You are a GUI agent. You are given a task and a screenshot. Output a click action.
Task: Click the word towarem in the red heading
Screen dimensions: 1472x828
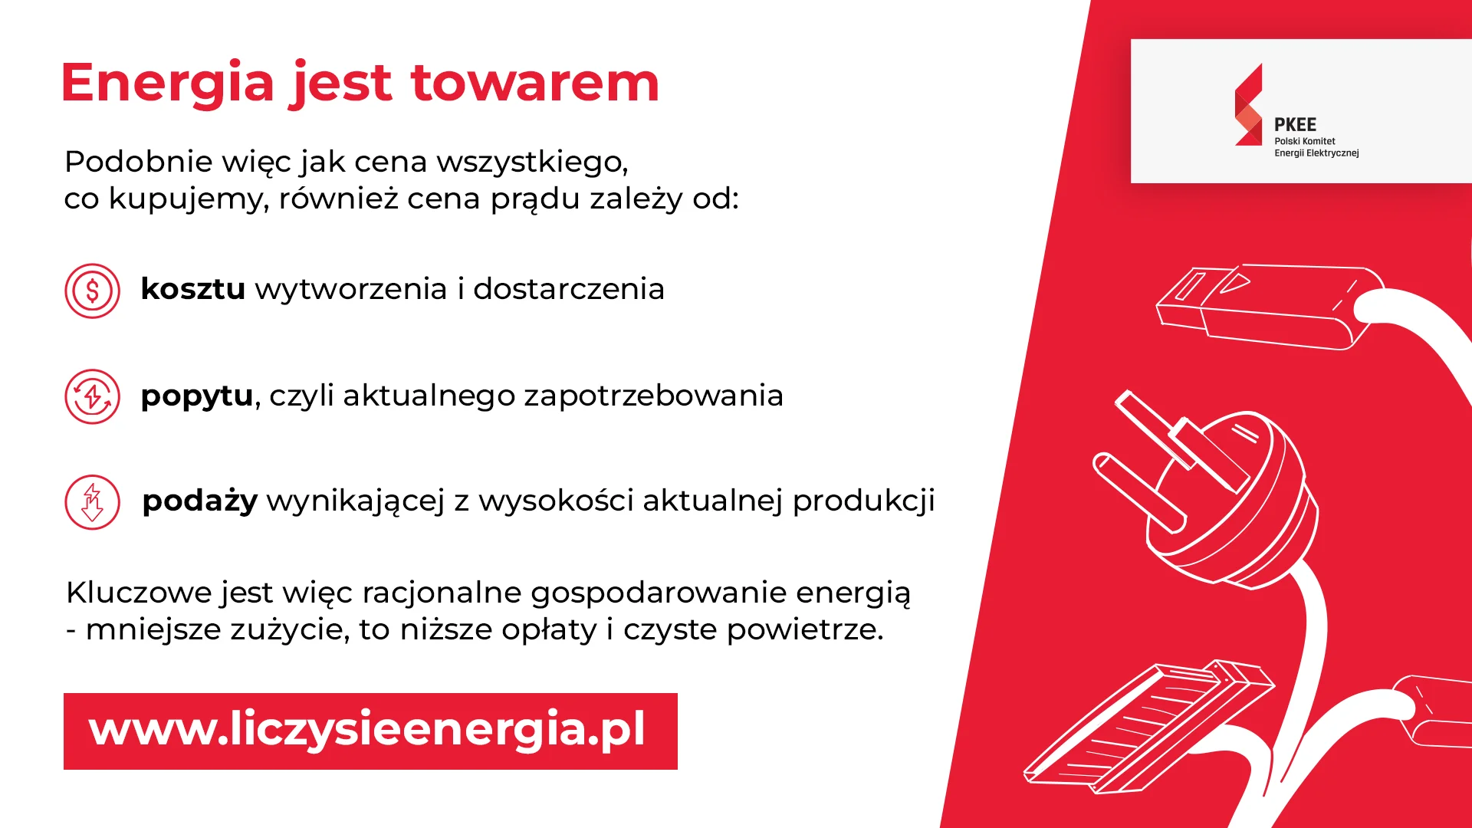pyautogui.click(x=535, y=83)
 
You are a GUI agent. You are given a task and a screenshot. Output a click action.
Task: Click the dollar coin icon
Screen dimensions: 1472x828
pyautogui.click(x=93, y=291)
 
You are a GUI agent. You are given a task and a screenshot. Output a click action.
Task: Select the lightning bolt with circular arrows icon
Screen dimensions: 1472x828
pyautogui.click(x=93, y=396)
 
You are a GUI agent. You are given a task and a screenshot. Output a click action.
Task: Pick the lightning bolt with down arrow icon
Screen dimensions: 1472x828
pyautogui.click(x=93, y=502)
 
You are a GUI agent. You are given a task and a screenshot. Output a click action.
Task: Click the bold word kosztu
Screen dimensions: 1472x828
pyautogui.click(x=193, y=289)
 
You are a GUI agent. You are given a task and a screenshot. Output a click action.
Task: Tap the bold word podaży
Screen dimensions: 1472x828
pyautogui.click(x=200, y=501)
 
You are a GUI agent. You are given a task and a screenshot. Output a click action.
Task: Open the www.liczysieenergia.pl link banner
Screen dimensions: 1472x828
pyautogui.click(x=370, y=731)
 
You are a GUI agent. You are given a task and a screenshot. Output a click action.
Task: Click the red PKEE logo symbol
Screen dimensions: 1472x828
pyautogui.click(x=1249, y=105)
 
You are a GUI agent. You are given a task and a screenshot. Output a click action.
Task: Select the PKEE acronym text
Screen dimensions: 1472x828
pyautogui.click(x=1295, y=125)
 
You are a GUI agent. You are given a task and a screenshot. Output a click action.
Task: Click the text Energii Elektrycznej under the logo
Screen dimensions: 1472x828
pyautogui.click(x=1316, y=153)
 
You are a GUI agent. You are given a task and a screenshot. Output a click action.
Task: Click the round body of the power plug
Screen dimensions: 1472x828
pyautogui.click(x=1242, y=498)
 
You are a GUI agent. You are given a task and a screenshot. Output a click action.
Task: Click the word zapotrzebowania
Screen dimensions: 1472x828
pyautogui.click(x=653, y=396)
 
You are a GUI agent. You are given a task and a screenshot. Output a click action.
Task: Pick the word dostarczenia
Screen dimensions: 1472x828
pyautogui.click(x=569, y=289)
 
